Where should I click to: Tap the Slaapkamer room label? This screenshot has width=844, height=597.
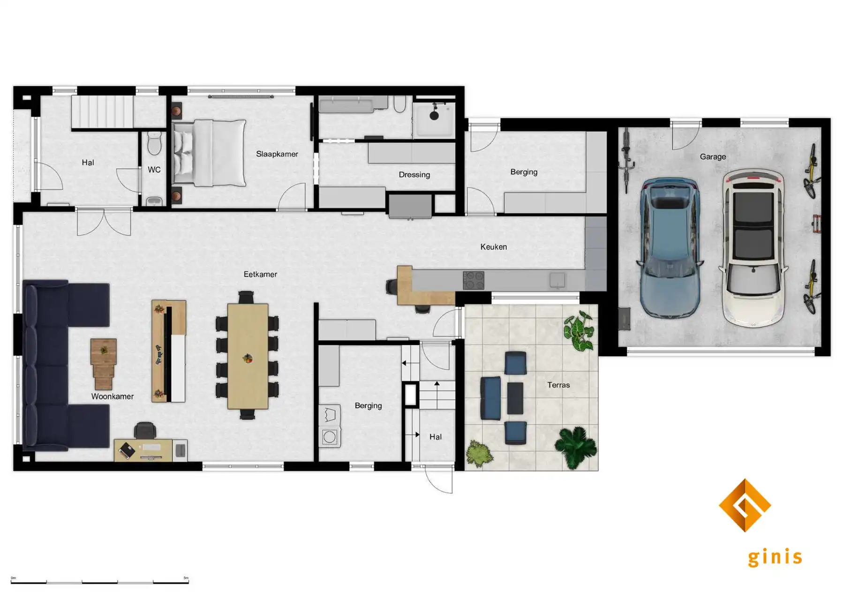tap(277, 154)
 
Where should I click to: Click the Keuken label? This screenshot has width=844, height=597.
tap(493, 246)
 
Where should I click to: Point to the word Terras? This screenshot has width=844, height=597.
tap(558, 385)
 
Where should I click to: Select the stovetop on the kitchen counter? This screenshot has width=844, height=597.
tap(474, 280)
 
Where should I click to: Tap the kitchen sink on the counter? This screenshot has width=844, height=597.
tap(557, 280)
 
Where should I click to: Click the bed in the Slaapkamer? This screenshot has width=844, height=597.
tap(210, 153)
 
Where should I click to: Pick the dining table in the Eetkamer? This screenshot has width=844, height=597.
tap(248, 356)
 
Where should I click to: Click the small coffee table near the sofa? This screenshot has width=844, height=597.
tap(103, 363)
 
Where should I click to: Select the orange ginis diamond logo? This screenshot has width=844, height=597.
tap(744, 505)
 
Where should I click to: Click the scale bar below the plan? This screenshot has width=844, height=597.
tap(99, 582)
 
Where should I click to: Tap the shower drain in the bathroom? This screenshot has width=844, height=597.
tap(434, 116)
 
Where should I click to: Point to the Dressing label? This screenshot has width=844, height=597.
tap(414, 174)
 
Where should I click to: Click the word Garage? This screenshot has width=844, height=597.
tap(712, 157)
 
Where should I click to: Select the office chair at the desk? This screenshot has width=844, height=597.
tap(145, 430)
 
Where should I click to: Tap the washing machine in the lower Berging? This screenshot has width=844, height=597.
tap(330, 437)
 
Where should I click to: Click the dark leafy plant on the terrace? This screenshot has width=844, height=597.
tap(576, 446)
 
